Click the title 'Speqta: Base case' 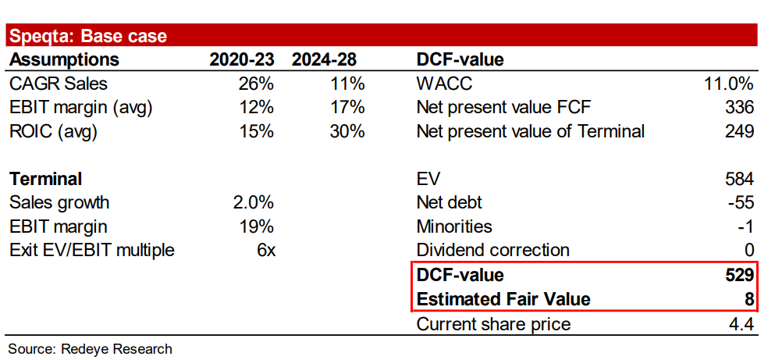(x=87, y=36)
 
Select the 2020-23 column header (x=242, y=60)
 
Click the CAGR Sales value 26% (x=256, y=84)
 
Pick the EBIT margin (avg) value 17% (x=347, y=108)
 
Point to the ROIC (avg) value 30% (x=347, y=131)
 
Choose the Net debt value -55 (x=741, y=203)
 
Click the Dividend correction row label (x=492, y=251)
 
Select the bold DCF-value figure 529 (x=738, y=275)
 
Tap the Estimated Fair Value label (x=503, y=299)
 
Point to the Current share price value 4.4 (x=741, y=324)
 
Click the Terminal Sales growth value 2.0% (x=253, y=203)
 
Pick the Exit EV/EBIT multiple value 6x (x=265, y=251)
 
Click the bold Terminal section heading (x=46, y=179)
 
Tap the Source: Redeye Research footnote (x=90, y=348)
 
